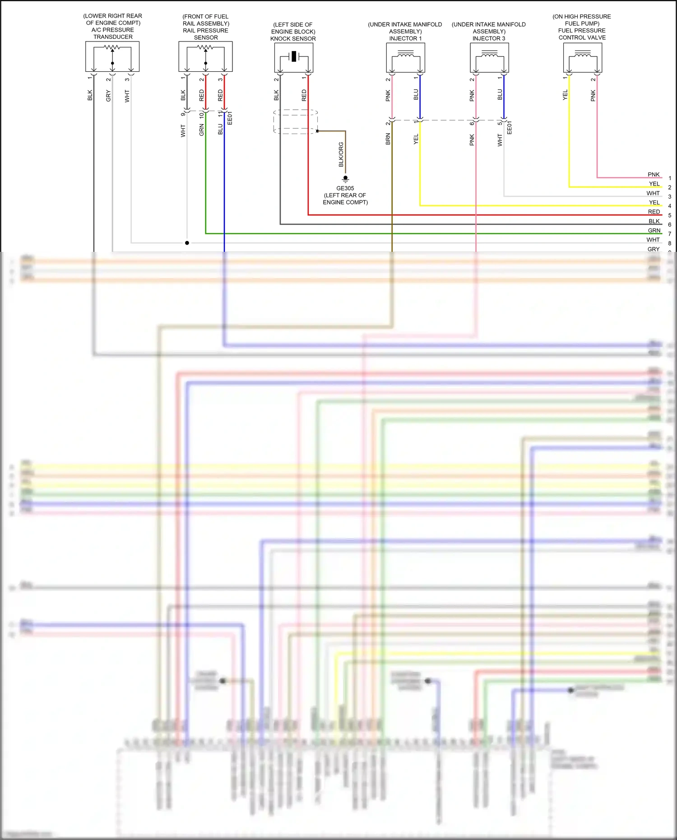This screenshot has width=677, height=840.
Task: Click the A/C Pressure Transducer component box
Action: point(112,56)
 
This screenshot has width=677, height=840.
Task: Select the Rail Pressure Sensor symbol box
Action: point(205,56)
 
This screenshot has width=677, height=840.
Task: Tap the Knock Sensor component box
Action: point(294,57)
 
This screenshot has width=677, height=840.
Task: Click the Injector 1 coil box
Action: point(405,58)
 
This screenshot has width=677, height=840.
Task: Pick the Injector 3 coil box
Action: point(489,58)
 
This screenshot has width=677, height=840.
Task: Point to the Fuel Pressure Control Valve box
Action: point(582,58)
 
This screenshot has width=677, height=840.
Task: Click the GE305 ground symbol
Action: point(345,179)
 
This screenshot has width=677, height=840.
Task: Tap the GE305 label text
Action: point(345,188)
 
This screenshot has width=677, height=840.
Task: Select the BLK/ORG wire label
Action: point(341,154)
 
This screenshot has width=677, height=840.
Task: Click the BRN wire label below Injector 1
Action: point(388,139)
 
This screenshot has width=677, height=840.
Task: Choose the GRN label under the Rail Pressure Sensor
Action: point(202,130)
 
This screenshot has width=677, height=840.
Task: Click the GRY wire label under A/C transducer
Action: point(108,96)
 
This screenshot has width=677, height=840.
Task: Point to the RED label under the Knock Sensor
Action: point(304,95)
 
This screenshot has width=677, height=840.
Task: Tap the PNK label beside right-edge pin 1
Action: point(654,175)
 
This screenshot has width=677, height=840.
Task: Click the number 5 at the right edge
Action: point(670,215)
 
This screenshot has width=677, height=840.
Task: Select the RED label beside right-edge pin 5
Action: point(654,212)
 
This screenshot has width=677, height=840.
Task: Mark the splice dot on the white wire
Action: point(187,243)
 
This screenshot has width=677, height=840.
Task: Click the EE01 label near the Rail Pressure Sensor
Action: point(230,118)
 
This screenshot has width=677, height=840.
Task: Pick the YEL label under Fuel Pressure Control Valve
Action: point(565,95)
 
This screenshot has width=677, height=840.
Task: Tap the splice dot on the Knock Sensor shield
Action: point(317,131)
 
